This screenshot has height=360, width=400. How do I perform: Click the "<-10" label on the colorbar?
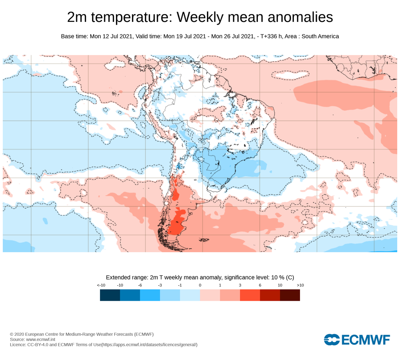101,285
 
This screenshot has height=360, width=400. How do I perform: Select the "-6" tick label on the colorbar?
140,285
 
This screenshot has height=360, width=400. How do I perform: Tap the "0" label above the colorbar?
200,285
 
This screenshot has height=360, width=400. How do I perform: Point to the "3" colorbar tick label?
240,285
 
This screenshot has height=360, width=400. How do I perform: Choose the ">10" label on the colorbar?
300,285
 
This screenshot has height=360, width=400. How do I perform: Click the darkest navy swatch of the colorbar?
110,295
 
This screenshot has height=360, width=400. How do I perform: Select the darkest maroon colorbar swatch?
290,295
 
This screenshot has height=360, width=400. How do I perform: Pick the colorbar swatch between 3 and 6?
250,295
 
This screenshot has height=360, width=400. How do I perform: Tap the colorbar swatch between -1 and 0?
190,295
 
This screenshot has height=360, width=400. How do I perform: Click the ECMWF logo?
357,339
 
